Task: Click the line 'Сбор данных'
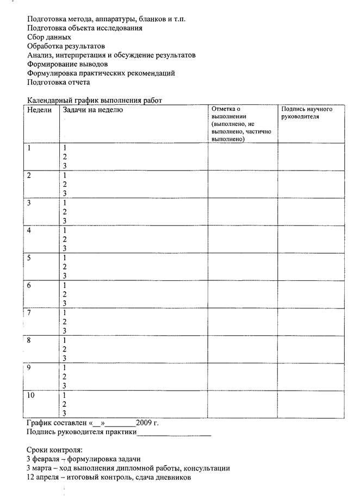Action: point(49,37)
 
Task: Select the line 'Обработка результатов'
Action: point(66,46)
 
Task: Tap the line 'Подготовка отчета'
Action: point(58,82)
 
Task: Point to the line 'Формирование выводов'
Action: point(63,64)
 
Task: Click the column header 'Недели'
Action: point(39,110)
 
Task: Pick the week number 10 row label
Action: point(32,395)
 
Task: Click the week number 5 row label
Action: point(29,258)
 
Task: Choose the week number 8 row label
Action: point(29,340)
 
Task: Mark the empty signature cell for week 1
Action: point(311,156)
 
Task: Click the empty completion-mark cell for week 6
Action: point(243,294)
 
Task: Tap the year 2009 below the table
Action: point(143,422)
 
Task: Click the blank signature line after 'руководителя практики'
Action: point(174,432)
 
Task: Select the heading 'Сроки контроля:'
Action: point(54,450)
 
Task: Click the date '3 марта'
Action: point(40,468)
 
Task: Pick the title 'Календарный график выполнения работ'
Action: point(94,100)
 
